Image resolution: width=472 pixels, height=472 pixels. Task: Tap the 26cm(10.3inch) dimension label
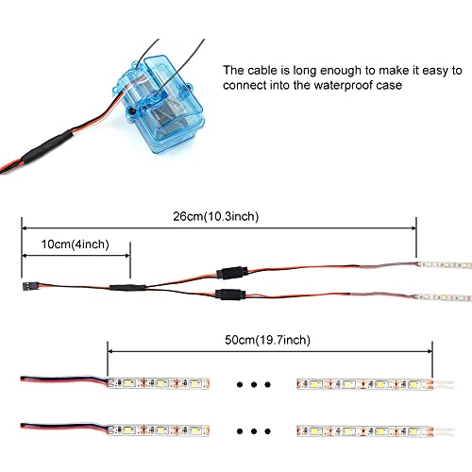point(216,216)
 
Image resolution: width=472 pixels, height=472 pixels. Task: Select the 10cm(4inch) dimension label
point(76,244)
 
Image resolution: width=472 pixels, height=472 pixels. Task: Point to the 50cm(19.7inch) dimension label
point(267,340)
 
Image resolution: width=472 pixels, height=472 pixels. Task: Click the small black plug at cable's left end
point(30,286)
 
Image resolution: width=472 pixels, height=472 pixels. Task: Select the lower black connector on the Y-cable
point(230,295)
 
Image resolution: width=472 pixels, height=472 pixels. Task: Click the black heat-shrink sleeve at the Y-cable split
point(127,287)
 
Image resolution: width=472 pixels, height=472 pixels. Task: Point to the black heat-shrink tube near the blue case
point(47,147)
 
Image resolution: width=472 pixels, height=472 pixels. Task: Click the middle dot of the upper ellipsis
point(254,384)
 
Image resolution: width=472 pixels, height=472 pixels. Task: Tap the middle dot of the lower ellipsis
point(254,431)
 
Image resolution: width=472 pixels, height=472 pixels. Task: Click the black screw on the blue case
point(132,110)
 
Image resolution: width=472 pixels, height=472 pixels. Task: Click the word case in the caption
point(391,86)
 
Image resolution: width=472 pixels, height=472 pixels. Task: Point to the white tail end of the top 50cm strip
point(444,384)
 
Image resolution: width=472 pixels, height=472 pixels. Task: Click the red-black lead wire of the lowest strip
point(64,428)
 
